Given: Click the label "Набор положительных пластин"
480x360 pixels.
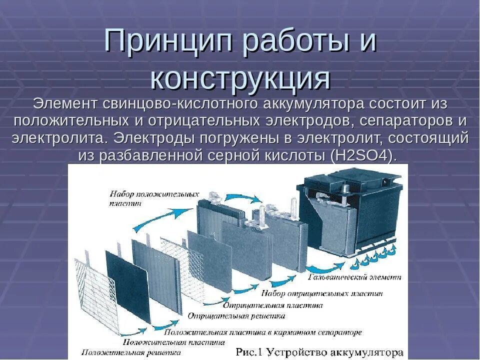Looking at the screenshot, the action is tap(153, 198).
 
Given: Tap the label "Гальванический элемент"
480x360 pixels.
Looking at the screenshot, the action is tap(355, 276).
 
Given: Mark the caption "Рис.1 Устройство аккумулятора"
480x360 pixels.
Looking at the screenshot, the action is tap(319, 351).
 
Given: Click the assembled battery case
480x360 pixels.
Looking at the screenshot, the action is tap(350, 215).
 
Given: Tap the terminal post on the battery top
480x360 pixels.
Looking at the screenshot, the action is tap(345, 188).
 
